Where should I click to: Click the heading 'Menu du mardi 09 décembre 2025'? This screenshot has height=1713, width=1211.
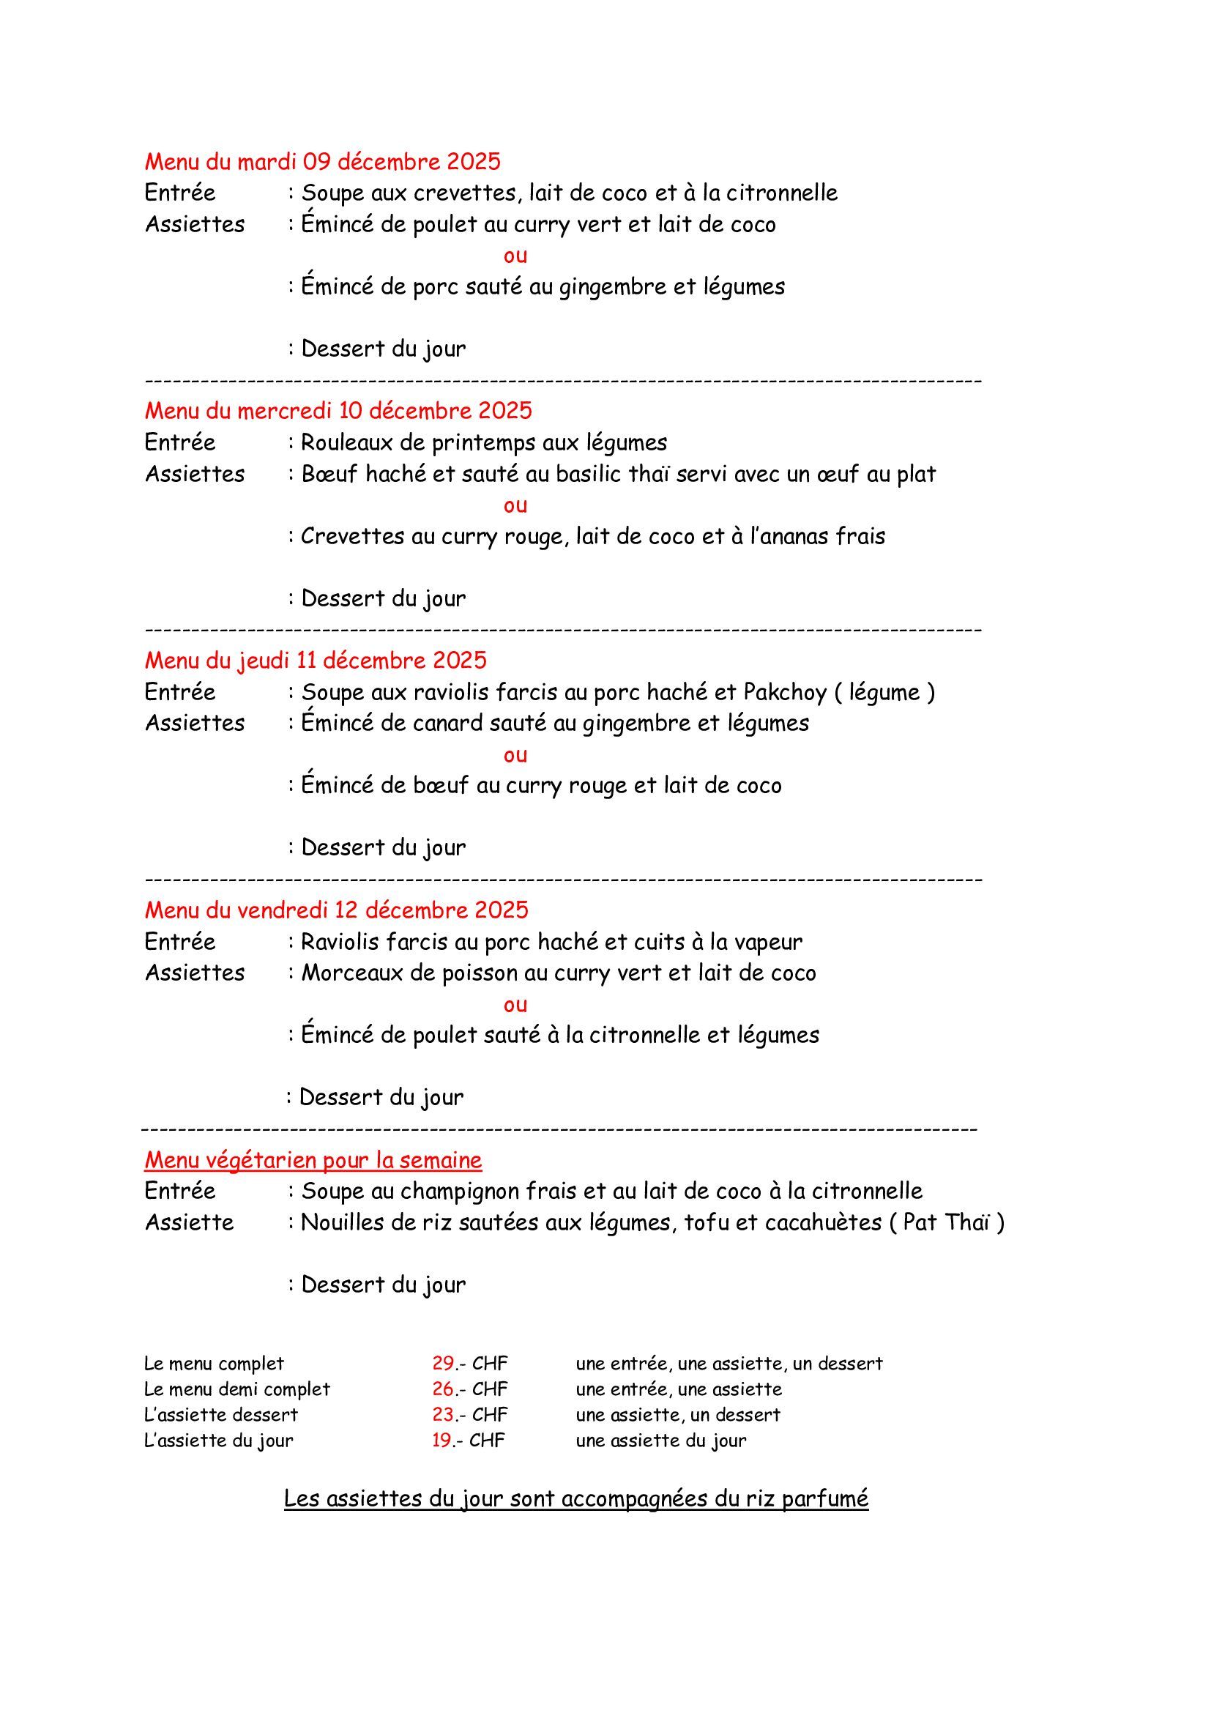click(x=322, y=161)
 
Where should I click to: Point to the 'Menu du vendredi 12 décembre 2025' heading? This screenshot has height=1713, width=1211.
click(x=336, y=910)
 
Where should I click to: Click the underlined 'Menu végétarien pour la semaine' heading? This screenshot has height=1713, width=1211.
click(x=313, y=1159)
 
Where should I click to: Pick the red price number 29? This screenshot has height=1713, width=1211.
click(x=443, y=1363)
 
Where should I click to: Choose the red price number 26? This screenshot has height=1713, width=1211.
click(x=443, y=1389)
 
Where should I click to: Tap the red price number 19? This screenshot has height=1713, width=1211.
click(x=442, y=1439)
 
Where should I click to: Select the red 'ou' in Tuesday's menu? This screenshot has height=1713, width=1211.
click(x=515, y=256)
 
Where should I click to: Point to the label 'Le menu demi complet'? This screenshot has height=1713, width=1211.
click(x=236, y=1389)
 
